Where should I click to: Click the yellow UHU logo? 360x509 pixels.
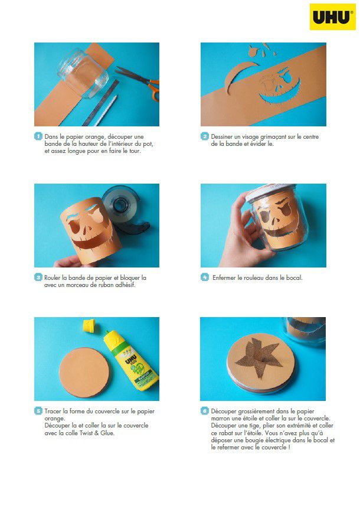pos(332,17)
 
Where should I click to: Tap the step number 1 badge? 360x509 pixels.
pos(38,136)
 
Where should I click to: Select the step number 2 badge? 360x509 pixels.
pos(205,136)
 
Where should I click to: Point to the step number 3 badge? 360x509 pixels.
pos(38,278)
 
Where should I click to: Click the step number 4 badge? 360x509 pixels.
pos(205,277)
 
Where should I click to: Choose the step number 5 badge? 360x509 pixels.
pos(38,411)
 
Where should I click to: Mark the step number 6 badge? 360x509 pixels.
pos(205,411)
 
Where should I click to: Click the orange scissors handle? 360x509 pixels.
pos(153,89)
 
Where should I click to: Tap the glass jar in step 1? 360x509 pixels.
pos(83,73)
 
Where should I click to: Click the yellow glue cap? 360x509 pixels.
pos(89,325)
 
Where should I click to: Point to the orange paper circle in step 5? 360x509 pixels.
pos(84,373)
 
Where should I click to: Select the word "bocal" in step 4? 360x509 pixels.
pos(294,278)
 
